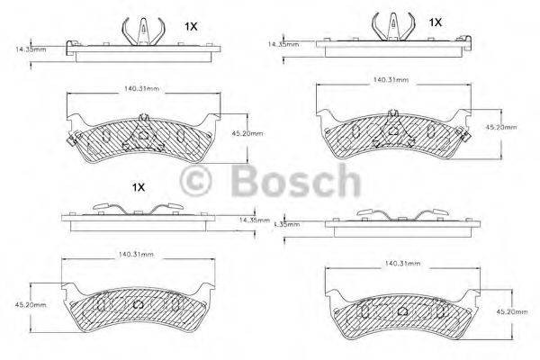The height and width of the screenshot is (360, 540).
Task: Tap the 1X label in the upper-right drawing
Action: pyautogui.click(x=436, y=21)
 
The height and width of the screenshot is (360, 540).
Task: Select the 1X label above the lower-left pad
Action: pyautogui.click(x=138, y=187)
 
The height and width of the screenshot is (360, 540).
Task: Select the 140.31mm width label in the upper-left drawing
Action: pyautogui.click(x=141, y=89)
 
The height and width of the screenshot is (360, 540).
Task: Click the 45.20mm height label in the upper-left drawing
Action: pyautogui.click(x=247, y=133)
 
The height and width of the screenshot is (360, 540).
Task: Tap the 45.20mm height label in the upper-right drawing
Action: pyautogui.click(x=501, y=127)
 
